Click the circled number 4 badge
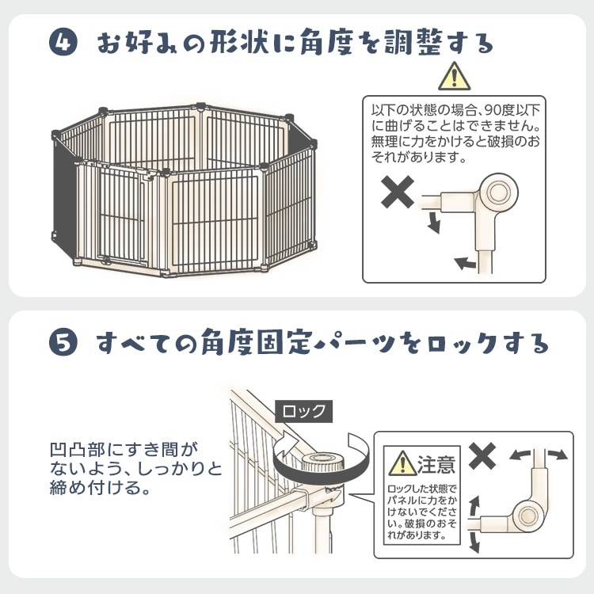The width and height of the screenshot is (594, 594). coord(63,42)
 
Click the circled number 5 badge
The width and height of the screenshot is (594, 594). coord(63,341)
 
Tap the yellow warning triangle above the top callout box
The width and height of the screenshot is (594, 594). coord(455,77)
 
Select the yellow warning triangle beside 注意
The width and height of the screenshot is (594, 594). coord(402,463)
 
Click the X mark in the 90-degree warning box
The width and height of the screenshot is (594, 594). coord(398,192)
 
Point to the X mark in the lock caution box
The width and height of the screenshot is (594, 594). coord(482,455)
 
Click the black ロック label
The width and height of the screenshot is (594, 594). coord(304,411)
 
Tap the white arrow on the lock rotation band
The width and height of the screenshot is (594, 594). coord(288,444)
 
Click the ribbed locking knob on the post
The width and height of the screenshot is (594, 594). coord(322,462)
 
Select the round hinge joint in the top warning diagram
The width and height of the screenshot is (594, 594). coord(498,192)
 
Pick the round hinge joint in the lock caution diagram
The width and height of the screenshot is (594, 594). coord(527,516)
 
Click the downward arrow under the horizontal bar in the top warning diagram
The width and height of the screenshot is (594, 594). coord(435,223)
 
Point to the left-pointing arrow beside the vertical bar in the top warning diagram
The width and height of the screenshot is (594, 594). coord(465,262)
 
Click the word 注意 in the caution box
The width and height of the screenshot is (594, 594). coord(436,463)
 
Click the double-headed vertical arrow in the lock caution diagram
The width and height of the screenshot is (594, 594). coord(474,524)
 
